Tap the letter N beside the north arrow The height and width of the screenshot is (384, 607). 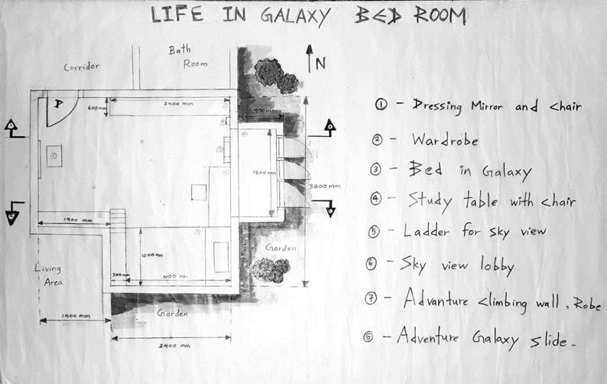(320, 64)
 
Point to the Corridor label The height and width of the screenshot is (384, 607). (82, 67)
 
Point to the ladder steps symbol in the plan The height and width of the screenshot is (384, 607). (118, 217)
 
